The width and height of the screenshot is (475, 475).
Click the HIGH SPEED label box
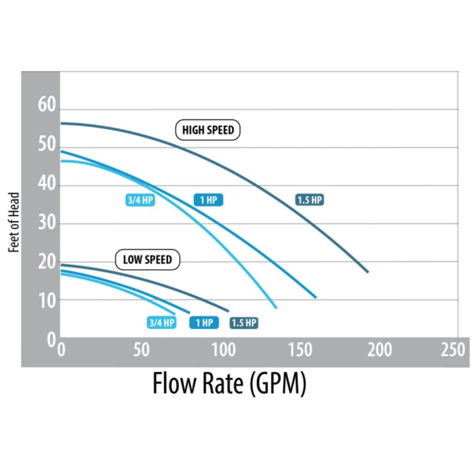208,130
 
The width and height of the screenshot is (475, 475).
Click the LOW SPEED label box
147,259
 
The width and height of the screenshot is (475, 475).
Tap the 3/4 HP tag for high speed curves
140,200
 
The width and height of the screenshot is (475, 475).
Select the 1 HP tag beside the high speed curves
208,200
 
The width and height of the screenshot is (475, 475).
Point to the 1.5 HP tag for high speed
309,200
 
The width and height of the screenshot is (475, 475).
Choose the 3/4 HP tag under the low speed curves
161,322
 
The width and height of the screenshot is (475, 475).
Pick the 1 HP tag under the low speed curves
204,322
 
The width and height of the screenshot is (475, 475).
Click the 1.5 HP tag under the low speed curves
244,322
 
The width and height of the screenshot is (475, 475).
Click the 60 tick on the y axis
47,105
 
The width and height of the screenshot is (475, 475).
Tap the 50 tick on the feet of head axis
47,144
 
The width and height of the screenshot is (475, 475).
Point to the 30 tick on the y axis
47,223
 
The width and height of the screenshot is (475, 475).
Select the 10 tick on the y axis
47,301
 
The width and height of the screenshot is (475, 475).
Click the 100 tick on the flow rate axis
223,350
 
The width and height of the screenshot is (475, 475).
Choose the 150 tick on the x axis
300,350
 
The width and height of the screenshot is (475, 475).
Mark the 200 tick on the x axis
379,350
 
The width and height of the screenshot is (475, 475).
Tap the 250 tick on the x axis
453,350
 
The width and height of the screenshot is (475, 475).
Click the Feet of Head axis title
14,222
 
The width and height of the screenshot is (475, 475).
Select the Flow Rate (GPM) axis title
229,383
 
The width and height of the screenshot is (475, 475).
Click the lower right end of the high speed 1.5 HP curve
368,272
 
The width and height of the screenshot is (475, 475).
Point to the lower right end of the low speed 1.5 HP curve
228,311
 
